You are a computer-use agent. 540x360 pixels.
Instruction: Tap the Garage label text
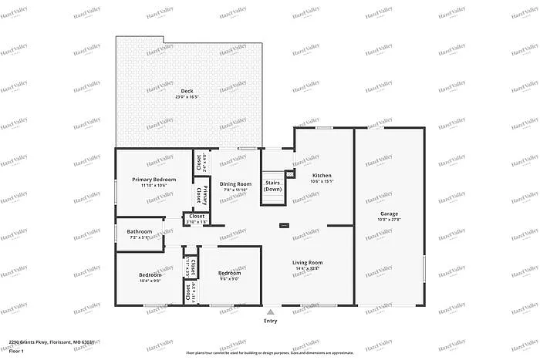(x=389, y=213)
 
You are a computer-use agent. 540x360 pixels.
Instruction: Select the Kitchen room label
(x=322, y=175)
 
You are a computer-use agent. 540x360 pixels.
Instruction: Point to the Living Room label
(x=307, y=263)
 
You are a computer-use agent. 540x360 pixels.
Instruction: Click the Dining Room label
(x=236, y=183)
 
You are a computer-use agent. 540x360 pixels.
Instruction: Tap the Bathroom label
(x=140, y=231)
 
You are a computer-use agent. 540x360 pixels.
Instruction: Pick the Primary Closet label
(x=197, y=195)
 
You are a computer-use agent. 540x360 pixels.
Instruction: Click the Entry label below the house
(x=271, y=321)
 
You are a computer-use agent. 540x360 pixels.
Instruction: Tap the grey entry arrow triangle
(x=271, y=312)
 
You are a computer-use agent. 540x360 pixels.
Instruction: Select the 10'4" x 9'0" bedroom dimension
(x=150, y=281)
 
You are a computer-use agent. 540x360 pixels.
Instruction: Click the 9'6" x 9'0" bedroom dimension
(x=229, y=279)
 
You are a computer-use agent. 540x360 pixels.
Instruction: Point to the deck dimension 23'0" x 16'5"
(x=165, y=97)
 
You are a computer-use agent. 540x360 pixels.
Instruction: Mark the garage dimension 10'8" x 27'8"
(x=389, y=219)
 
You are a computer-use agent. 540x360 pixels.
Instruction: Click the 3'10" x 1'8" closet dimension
(x=197, y=222)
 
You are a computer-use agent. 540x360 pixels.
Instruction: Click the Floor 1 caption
(x=17, y=351)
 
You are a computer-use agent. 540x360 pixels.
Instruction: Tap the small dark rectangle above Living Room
(x=284, y=226)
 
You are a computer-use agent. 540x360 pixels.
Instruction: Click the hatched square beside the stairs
(x=290, y=173)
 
